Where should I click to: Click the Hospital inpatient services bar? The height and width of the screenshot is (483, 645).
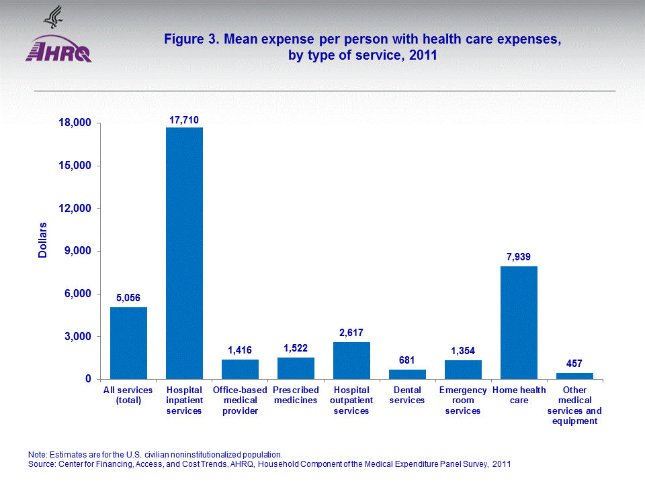click(x=184, y=253)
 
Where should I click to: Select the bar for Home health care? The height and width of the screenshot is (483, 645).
click(x=519, y=323)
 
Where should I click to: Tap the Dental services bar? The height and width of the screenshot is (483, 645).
click(x=407, y=374)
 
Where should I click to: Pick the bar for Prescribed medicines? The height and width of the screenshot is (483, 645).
click(x=296, y=368)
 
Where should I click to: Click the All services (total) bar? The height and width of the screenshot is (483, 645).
click(x=128, y=343)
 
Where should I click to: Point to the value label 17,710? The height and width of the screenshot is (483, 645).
click(x=183, y=120)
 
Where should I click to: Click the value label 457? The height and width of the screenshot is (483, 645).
click(x=574, y=364)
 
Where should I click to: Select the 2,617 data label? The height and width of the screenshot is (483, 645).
click(x=351, y=333)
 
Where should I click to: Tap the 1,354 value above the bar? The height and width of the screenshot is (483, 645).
click(x=463, y=351)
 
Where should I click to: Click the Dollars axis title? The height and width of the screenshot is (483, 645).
click(x=42, y=239)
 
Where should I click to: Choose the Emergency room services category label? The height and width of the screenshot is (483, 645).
click(x=463, y=400)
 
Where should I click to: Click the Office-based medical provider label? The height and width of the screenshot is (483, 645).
click(x=240, y=400)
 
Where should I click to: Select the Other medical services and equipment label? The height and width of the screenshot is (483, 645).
click(x=574, y=405)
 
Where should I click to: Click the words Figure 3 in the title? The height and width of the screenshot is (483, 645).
click(x=191, y=40)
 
